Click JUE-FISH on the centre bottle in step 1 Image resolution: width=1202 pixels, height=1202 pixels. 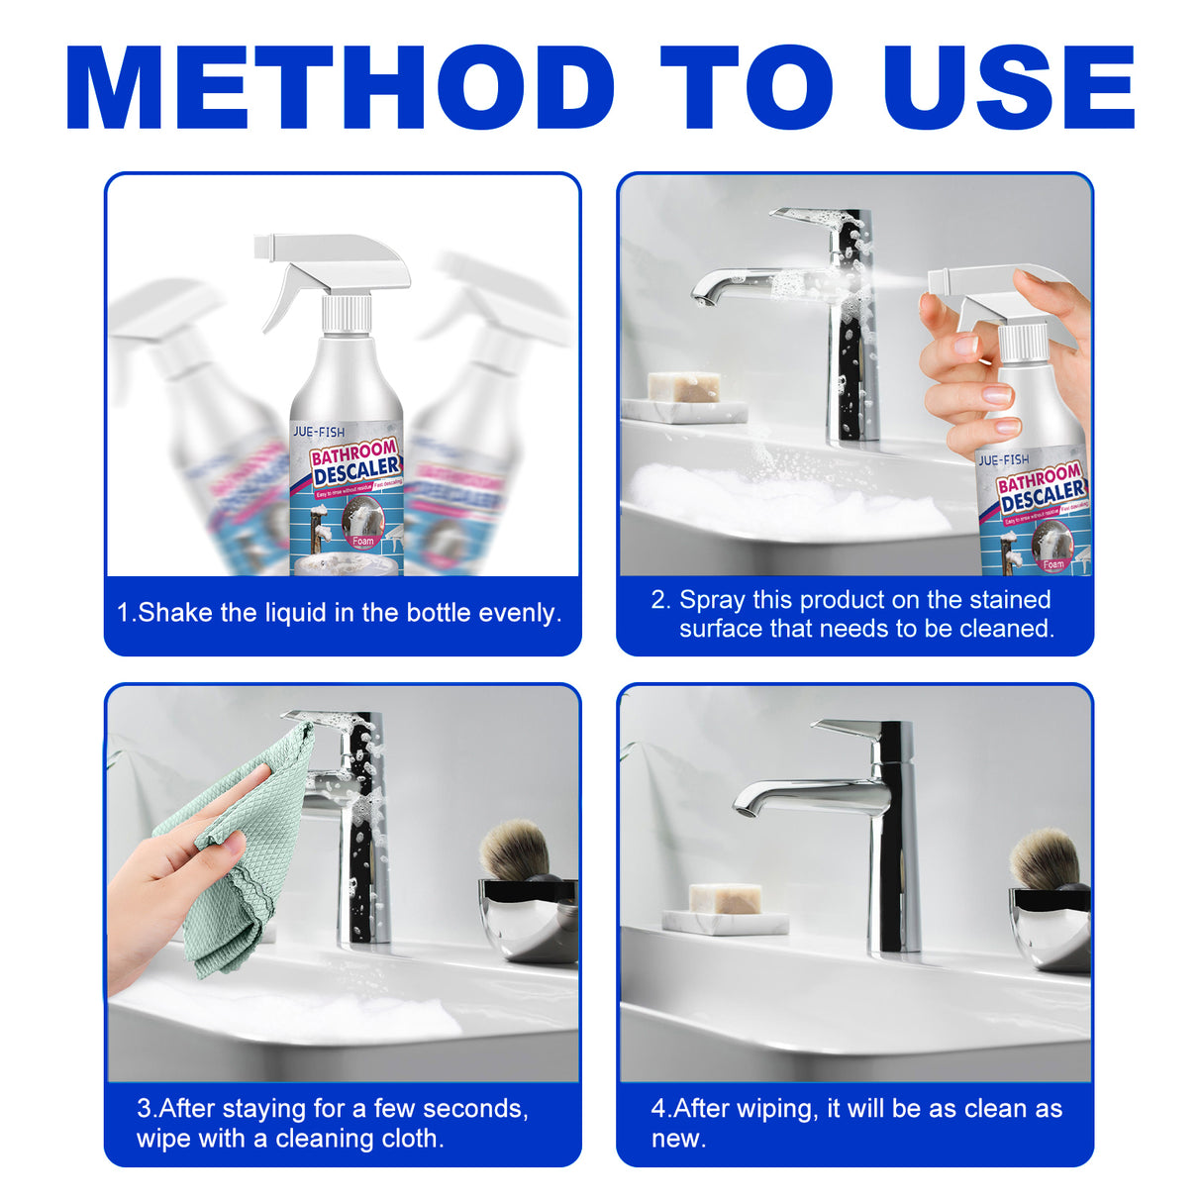pos(319,432)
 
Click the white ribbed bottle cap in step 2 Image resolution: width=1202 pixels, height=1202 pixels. pos(1022,343)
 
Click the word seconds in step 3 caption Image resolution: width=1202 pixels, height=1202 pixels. pos(477,1109)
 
